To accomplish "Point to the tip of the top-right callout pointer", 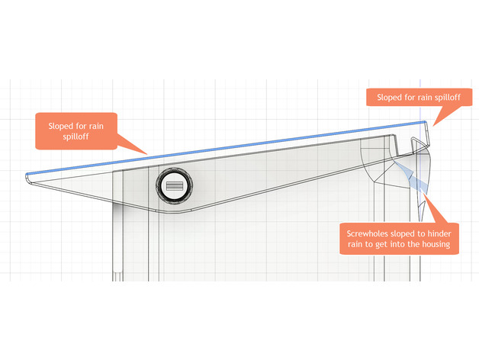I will [431, 124].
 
